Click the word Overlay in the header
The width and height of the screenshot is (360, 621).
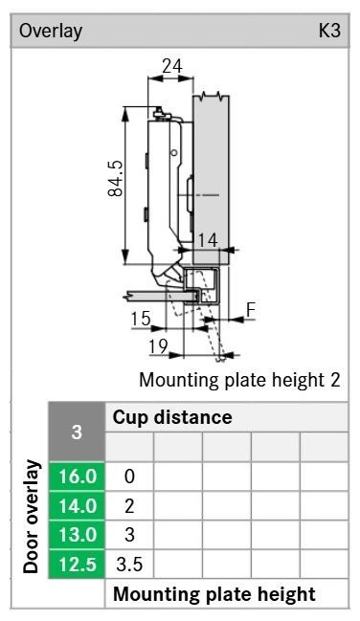click(x=51, y=32)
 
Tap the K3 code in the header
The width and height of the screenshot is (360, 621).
click(x=329, y=30)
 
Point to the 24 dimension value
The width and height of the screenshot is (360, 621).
click(x=172, y=66)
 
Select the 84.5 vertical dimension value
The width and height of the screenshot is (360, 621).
click(x=116, y=178)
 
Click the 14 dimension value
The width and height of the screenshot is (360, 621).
click(x=208, y=240)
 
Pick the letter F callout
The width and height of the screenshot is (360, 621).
click(x=251, y=310)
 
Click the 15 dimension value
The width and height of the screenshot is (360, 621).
click(x=141, y=319)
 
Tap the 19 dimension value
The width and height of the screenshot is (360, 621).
click(x=158, y=346)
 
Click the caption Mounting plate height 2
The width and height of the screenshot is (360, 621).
click(x=239, y=380)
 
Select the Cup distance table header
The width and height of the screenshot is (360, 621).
click(x=172, y=417)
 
